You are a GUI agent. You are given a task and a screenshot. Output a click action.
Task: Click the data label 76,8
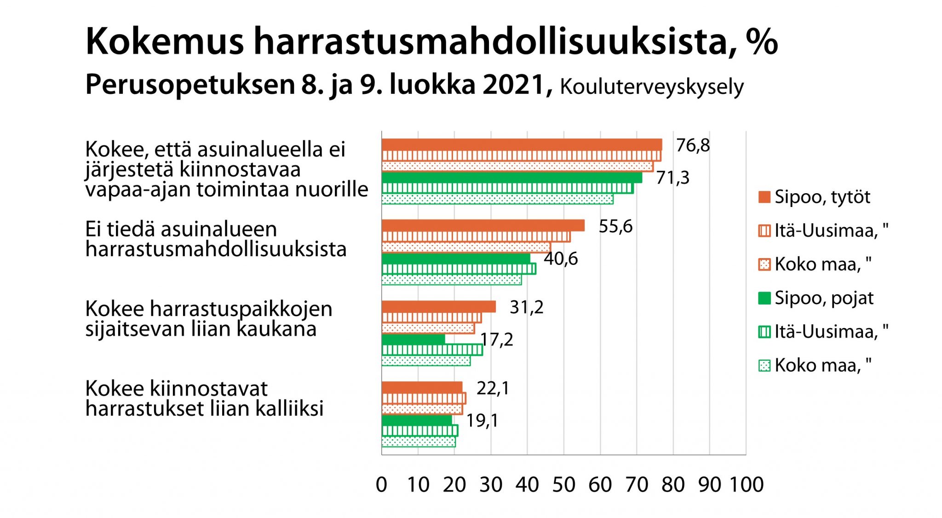point(693,146)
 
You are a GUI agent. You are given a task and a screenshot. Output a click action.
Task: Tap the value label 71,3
point(672,178)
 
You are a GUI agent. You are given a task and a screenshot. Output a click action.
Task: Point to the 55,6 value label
point(615,226)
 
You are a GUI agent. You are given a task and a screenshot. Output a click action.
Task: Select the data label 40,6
point(561,259)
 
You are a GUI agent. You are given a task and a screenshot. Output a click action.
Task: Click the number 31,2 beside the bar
point(526,307)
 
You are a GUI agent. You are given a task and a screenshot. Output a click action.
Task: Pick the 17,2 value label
point(497,340)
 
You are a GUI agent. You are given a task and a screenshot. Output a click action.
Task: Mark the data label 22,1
point(493,388)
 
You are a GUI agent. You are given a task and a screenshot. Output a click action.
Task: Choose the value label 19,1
point(482,420)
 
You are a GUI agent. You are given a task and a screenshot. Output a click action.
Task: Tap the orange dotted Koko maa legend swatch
point(764,265)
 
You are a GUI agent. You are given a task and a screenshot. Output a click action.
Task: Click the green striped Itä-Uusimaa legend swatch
point(764,332)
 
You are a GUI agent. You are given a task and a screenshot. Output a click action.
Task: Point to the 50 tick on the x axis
point(563,484)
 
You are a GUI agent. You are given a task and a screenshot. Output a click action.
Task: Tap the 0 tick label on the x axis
point(381,484)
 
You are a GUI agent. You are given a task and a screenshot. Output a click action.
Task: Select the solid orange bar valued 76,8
point(522,144)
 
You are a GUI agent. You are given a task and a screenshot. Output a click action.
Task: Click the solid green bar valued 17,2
point(413,339)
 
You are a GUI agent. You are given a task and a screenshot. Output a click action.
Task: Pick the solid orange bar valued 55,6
point(483,225)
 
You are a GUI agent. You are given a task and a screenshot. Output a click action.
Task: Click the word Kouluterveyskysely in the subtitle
point(651,87)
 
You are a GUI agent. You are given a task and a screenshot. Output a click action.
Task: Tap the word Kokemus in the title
point(164,42)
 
